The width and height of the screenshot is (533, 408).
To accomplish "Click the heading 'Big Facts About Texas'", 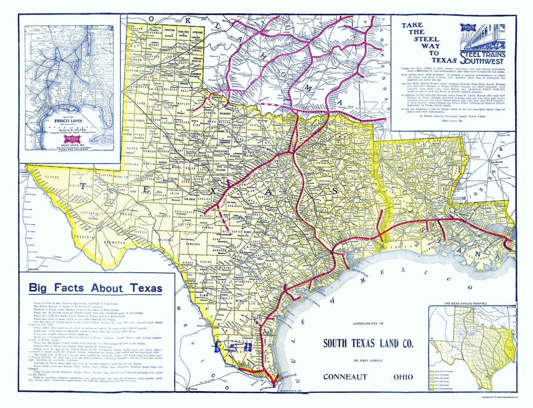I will pyautogui.click(x=95, y=288).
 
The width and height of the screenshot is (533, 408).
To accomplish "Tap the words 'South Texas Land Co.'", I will pyautogui.click(x=368, y=343).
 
